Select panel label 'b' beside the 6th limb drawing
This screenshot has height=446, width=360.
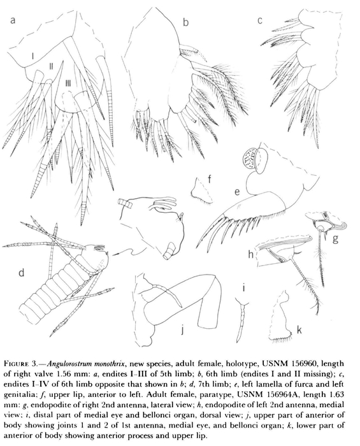click(x=185, y=24)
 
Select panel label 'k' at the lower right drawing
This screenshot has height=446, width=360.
click(x=298, y=331)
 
